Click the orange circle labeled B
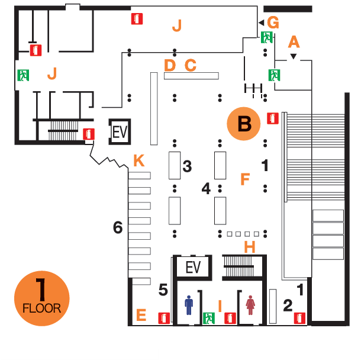pyautogui.click(x=244, y=124)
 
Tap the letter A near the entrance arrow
pyautogui.click(x=294, y=42)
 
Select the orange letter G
pyautogui.click(x=273, y=22)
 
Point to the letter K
pyautogui.click(x=138, y=160)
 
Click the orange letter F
pyautogui.click(x=245, y=179)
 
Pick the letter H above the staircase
pyautogui.click(x=250, y=247)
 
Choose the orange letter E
pyautogui.click(x=141, y=315)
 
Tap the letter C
pyautogui.click(x=190, y=65)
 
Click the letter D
pyautogui.click(x=170, y=65)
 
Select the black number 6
pyautogui.click(x=118, y=227)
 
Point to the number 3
pyautogui.click(x=187, y=167)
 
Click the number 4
pyautogui.click(x=206, y=189)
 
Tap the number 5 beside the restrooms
pyautogui.click(x=163, y=290)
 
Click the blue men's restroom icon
pyautogui.click(x=189, y=306)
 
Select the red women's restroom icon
pyautogui.click(x=250, y=306)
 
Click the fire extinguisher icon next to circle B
pyautogui.click(x=273, y=119)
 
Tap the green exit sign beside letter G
pyautogui.click(x=267, y=37)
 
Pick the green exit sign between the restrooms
pyautogui.click(x=208, y=318)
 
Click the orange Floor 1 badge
pyautogui.click(x=41, y=298)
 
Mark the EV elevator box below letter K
pyautogui.click(x=194, y=268)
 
